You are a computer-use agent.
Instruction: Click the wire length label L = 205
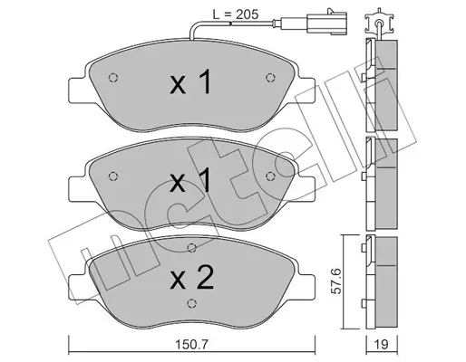[x=236, y=14]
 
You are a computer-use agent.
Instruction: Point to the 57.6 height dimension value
[x=336, y=281]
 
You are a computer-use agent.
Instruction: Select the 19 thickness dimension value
[x=382, y=344]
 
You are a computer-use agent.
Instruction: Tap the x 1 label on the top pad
[x=190, y=81]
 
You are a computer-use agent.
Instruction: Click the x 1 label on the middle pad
[x=190, y=180]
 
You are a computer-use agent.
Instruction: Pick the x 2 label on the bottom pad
[x=192, y=277]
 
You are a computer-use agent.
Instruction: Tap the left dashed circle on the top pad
[x=112, y=78]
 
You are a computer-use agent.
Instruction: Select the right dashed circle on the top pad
[x=270, y=78]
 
